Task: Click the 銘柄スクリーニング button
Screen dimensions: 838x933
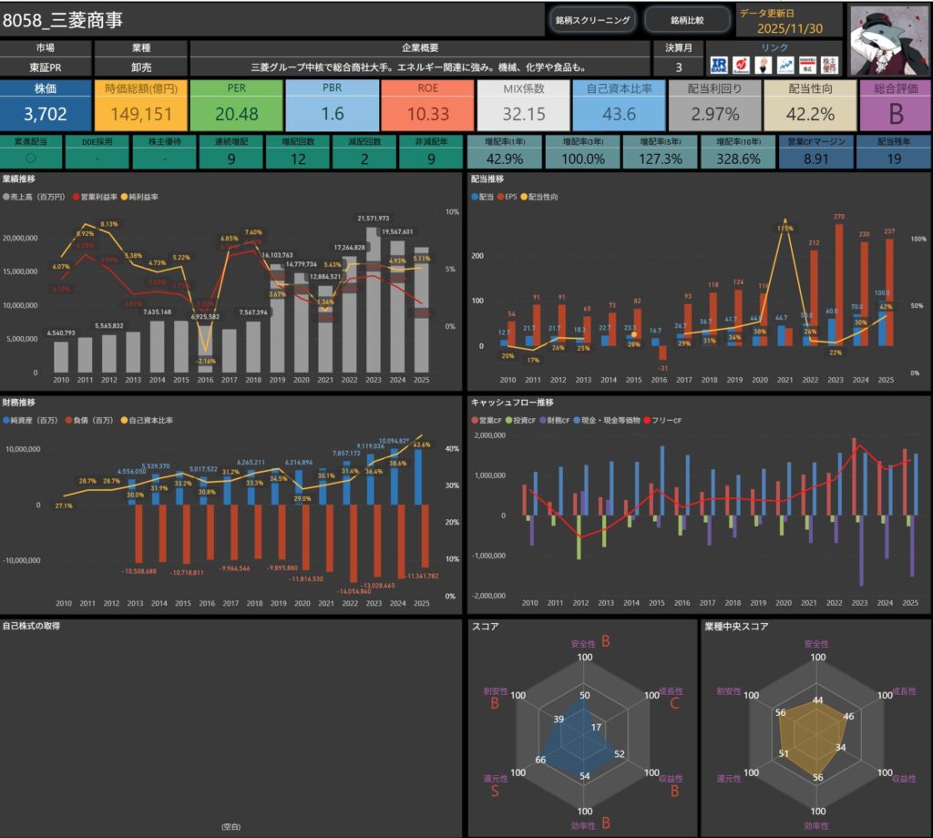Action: (x=592, y=19)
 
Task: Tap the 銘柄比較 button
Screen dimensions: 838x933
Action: (x=687, y=19)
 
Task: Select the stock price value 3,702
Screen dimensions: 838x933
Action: (x=46, y=113)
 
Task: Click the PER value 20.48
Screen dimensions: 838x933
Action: (x=236, y=114)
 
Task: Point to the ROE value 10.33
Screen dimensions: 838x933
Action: (x=427, y=114)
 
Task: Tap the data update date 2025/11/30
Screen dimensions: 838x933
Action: (x=789, y=27)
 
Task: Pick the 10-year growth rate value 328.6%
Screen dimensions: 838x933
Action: (x=739, y=158)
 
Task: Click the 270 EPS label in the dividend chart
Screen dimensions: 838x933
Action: (x=839, y=217)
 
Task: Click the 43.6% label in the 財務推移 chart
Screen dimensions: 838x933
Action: (x=422, y=445)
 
